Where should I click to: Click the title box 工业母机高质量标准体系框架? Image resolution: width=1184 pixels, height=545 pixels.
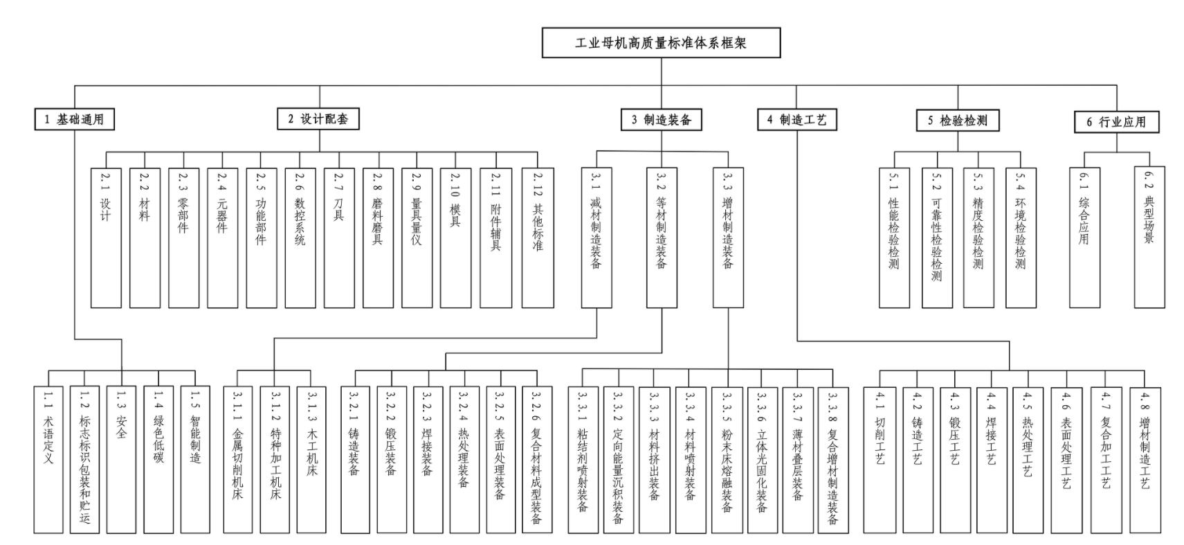click(661, 43)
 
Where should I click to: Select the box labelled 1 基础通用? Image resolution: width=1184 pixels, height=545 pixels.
click(74, 119)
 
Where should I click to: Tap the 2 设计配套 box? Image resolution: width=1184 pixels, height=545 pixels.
click(318, 118)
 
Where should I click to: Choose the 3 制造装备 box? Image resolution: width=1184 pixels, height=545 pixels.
click(661, 120)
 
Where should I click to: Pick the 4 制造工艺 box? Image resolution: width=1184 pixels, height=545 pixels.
click(796, 120)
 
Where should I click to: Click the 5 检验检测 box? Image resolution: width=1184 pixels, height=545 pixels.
click(958, 120)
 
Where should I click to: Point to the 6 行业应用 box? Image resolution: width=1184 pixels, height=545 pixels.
click(1116, 122)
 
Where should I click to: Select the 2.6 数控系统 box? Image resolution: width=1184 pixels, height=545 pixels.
click(300, 237)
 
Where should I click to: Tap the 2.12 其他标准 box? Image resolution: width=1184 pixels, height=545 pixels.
click(538, 237)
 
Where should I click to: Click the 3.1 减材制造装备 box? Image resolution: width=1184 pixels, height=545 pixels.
click(596, 237)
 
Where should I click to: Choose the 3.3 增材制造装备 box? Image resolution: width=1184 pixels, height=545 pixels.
click(728, 237)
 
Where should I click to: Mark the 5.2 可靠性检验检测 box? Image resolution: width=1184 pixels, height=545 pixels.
click(936, 238)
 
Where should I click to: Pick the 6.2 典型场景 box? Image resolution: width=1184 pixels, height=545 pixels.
click(1149, 237)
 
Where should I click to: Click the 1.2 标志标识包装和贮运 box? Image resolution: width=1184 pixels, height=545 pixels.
click(84, 459)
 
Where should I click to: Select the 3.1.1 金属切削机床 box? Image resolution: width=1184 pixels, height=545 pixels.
click(238, 459)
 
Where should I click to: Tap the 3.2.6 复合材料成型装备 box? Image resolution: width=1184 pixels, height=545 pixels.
click(536, 459)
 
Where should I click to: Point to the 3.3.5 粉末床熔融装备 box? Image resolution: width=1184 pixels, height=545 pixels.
click(727, 459)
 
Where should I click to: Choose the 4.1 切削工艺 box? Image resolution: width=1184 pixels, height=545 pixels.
click(880, 460)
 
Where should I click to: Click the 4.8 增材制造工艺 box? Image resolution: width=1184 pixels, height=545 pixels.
click(1145, 460)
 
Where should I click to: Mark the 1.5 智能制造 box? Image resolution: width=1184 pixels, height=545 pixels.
click(195, 459)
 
